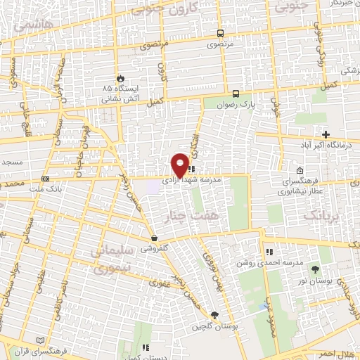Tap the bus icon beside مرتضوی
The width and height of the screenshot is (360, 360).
pos(221,33)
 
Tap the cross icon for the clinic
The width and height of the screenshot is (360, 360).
pos(325,134)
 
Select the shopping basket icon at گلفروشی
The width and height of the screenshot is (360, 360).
pos(153,238)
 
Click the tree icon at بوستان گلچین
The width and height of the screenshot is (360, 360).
pos(214,316)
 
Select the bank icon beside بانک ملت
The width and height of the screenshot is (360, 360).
pos(46,179)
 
